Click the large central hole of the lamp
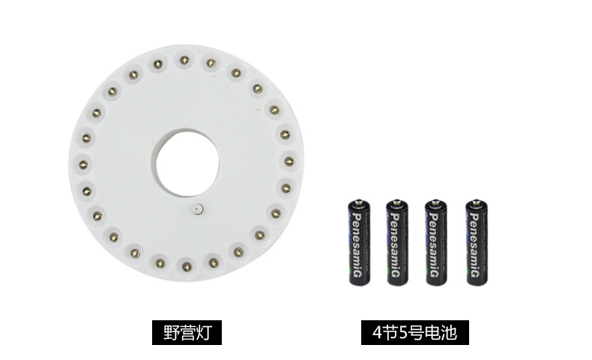(x=187, y=163)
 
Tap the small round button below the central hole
(x=198, y=209)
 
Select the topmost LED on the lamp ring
(x=184, y=60)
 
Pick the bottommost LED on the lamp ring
(x=187, y=268)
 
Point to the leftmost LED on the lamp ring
(x=83, y=165)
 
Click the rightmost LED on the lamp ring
(x=289, y=162)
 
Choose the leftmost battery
(x=359, y=242)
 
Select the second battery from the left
(x=397, y=242)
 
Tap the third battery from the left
(x=436, y=242)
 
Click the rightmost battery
(x=477, y=242)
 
